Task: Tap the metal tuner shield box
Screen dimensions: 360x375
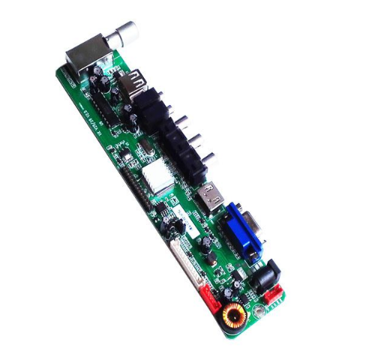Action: coord(82,55)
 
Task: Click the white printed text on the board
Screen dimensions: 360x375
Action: coord(97,117)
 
